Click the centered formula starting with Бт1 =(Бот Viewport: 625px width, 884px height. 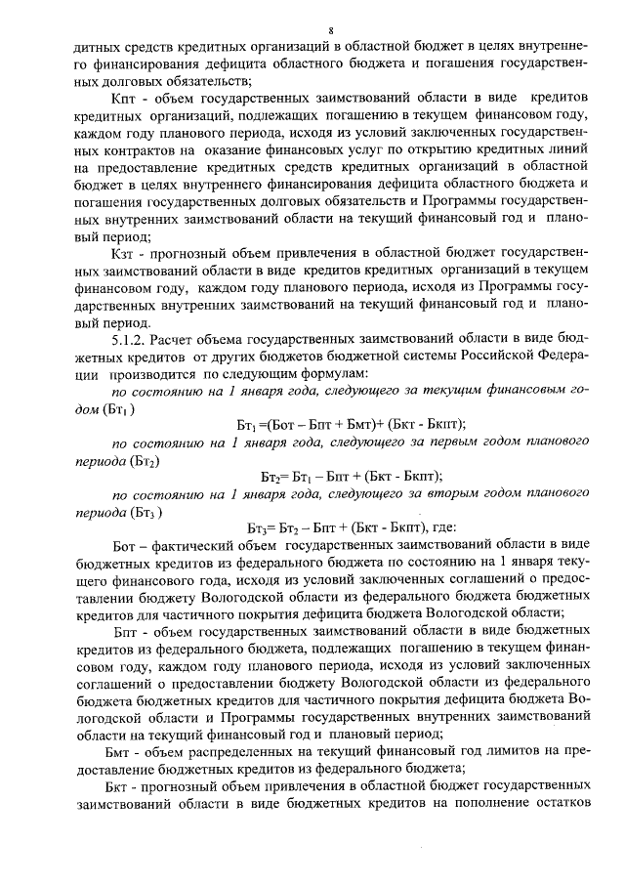pyautogui.click(x=352, y=423)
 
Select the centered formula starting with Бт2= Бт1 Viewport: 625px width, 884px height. pyautogui.click(x=352, y=476)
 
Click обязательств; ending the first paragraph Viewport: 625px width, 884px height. pyautogui.click(x=207, y=81)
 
